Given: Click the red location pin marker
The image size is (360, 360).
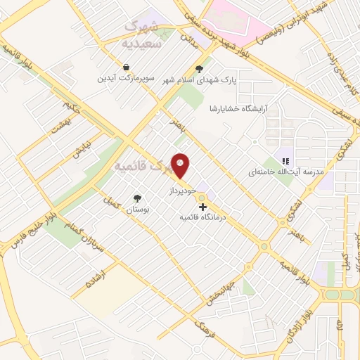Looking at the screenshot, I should coord(181,166).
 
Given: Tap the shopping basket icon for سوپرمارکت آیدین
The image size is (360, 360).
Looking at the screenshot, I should coord(125,67).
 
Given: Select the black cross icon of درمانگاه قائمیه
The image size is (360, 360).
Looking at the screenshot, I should coord(203,207).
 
